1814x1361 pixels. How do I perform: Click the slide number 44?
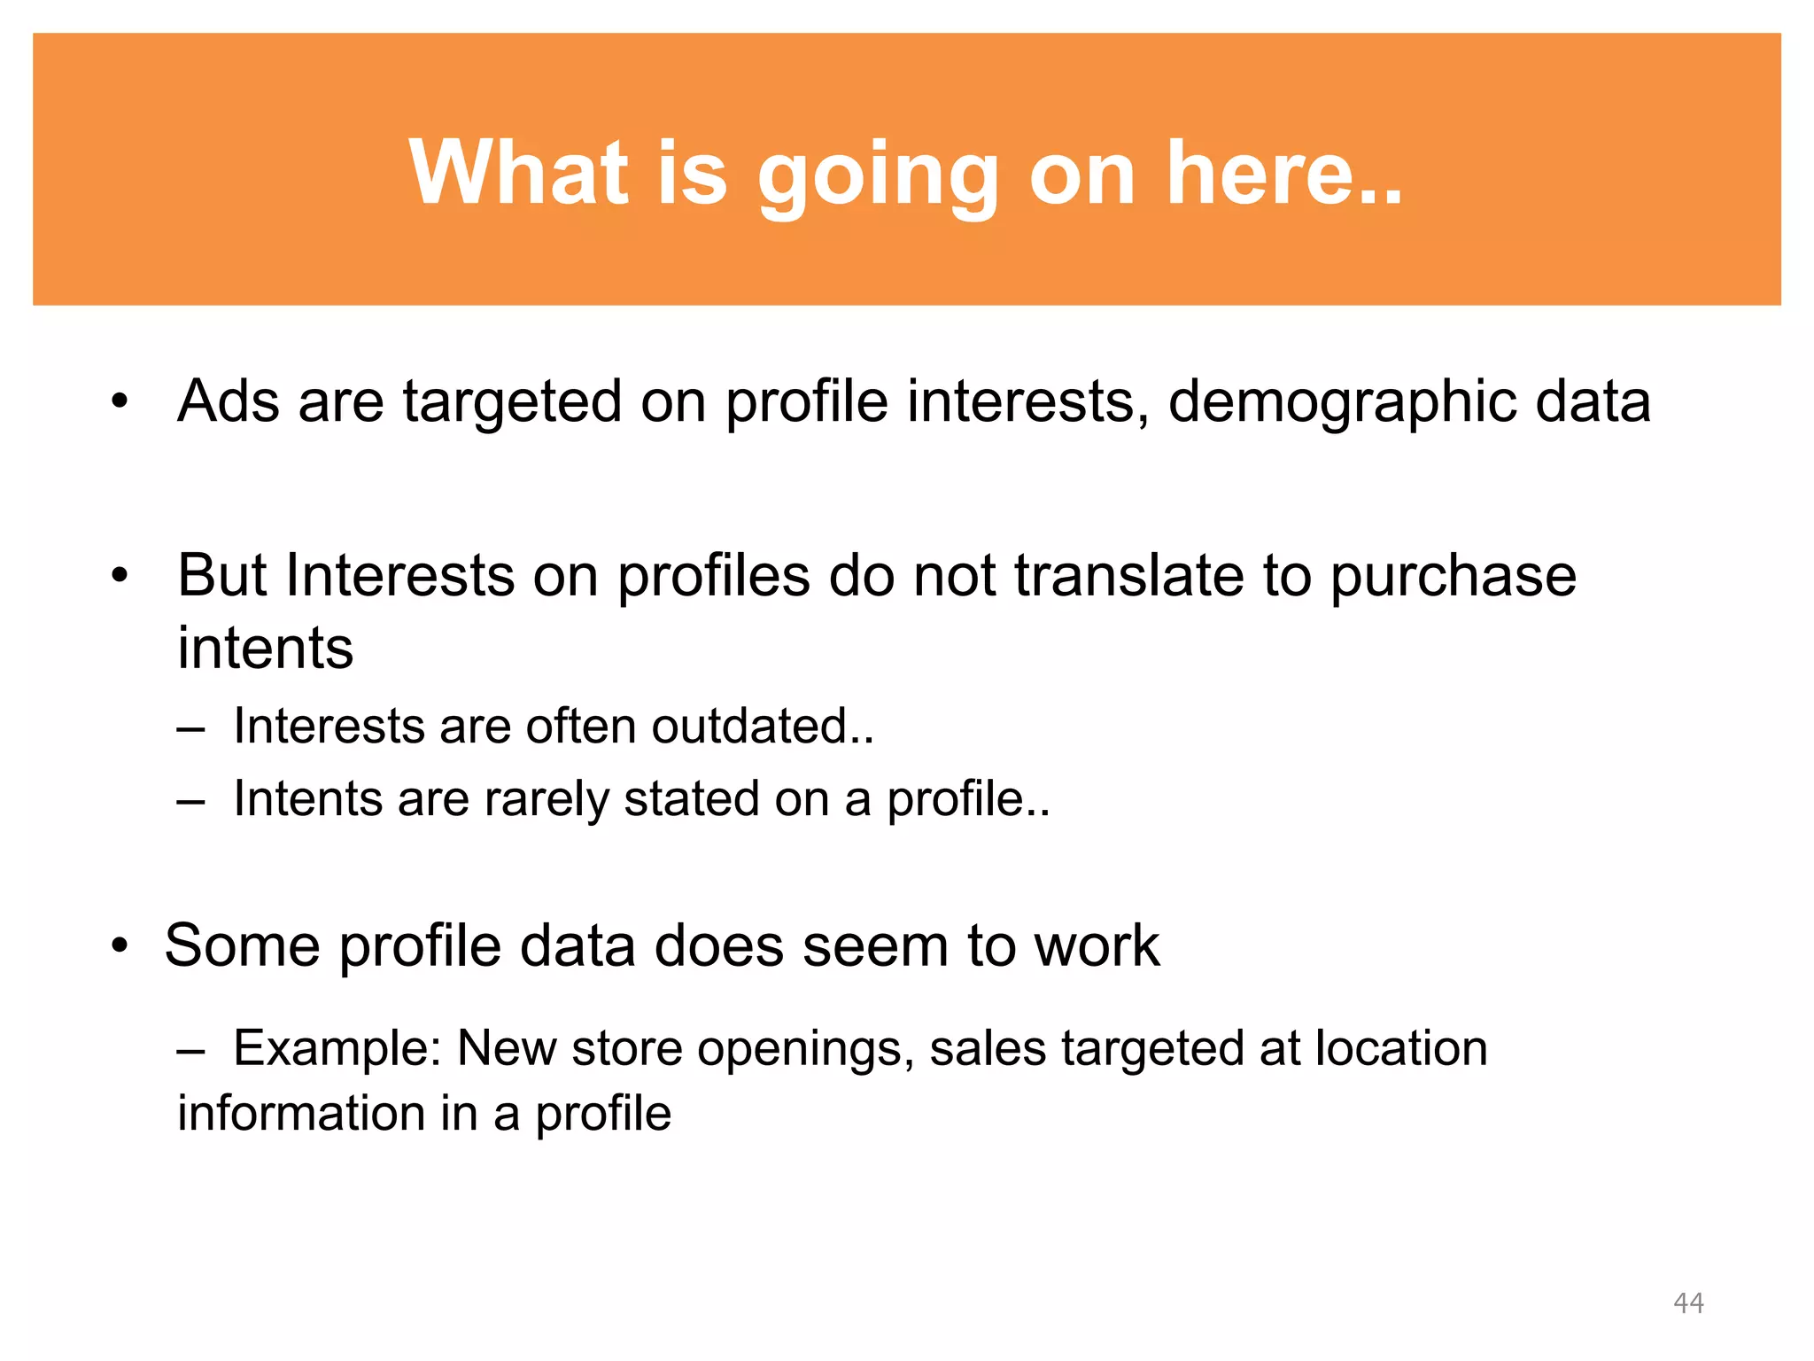click(x=1688, y=1303)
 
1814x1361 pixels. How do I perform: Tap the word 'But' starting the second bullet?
click(x=221, y=576)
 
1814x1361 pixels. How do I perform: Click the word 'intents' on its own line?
click(x=265, y=648)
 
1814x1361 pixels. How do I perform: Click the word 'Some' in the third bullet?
click(x=243, y=945)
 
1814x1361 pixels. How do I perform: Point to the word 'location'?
click(x=1400, y=1048)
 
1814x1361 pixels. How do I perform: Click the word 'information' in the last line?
click(x=301, y=1114)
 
